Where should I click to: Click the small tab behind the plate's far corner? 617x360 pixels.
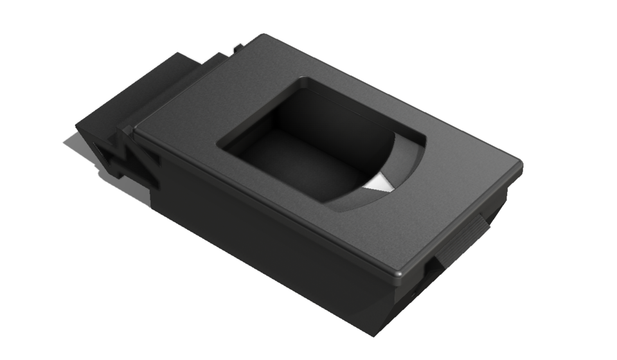pyautogui.click(x=238, y=48)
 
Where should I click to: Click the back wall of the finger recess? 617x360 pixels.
pyautogui.click(x=334, y=119)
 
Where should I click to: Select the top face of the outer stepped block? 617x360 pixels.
pyautogui.click(x=141, y=90)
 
